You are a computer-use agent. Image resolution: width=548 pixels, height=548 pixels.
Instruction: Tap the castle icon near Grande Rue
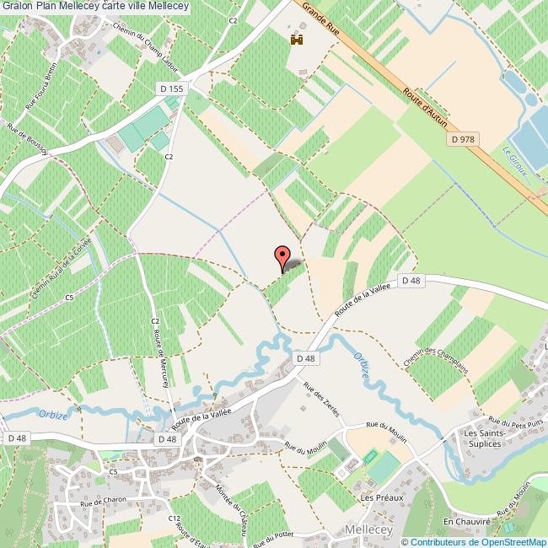(296, 40)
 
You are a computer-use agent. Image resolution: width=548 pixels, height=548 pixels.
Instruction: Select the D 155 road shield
(170, 89)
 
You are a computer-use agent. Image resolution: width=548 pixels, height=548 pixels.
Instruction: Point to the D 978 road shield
(464, 139)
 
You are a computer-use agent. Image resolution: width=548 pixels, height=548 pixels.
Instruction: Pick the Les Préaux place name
(382, 497)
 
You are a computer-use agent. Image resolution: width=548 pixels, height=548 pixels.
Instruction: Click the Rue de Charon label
(103, 502)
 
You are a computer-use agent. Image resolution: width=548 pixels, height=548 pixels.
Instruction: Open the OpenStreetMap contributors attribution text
(474, 541)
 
